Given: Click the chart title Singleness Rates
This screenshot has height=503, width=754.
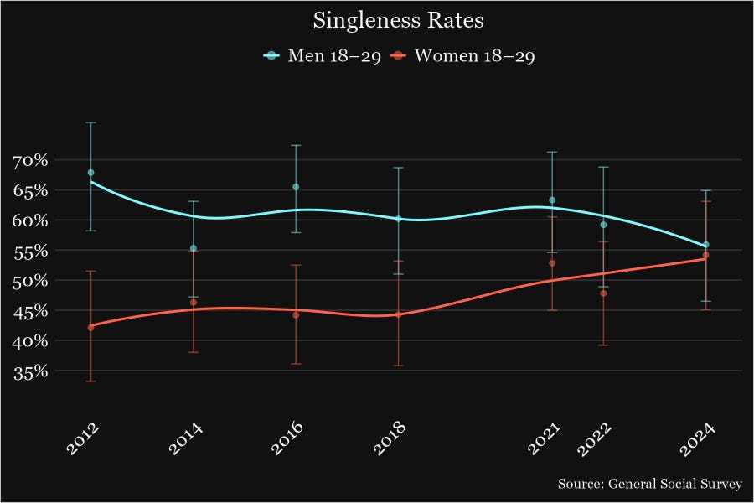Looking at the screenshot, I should pyautogui.click(x=376, y=20).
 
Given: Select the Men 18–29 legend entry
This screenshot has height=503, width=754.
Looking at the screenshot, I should pyautogui.click(x=323, y=56).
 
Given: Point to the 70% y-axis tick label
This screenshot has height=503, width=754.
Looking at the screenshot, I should pyautogui.click(x=30, y=160).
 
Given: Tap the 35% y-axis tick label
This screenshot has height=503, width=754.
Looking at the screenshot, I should pyautogui.click(x=30, y=371).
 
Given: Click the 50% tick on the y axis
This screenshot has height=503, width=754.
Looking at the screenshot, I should pyautogui.click(x=30, y=281).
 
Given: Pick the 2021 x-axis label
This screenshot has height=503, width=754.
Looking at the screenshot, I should pyautogui.click(x=544, y=438).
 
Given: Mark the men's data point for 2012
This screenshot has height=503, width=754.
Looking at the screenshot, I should pyautogui.click(x=90, y=173).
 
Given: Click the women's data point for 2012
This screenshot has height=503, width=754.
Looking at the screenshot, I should pyautogui.click(x=90, y=327).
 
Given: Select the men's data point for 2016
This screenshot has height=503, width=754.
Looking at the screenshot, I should pyautogui.click(x=296, y=187).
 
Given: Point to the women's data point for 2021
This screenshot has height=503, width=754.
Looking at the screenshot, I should pyautogui.click(x=552, y=263).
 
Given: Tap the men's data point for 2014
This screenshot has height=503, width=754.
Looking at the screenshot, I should pyautogui.click(x=194, y=248).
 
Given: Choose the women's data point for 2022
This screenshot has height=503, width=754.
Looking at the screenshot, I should pyautogui.click(x=603, y=293).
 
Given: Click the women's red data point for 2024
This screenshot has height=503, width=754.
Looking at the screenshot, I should pyautogui.click(x=706, y=255).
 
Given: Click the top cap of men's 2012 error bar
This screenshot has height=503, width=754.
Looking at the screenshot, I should pyautogui.click(x=90, y=122).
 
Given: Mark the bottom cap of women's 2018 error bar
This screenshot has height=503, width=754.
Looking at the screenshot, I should pyautogui.click(x=399, y=366).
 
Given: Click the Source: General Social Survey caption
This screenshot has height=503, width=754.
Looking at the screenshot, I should pyautogui.click(x=650, y=485).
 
